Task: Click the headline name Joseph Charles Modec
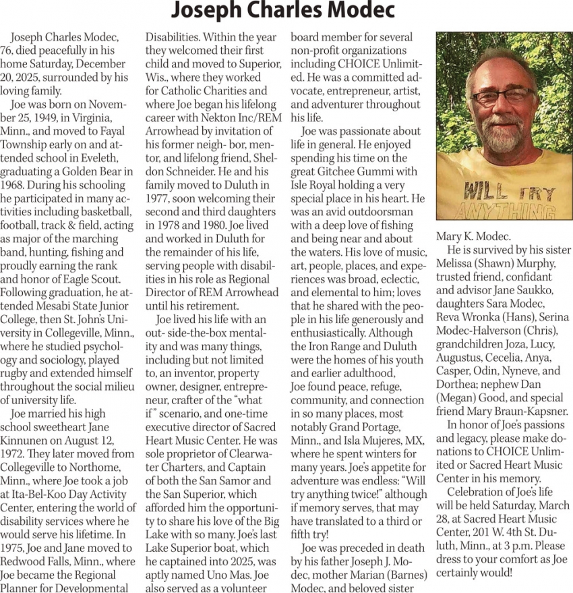tap(282, 11)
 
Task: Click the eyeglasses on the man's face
tap(501, 96)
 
